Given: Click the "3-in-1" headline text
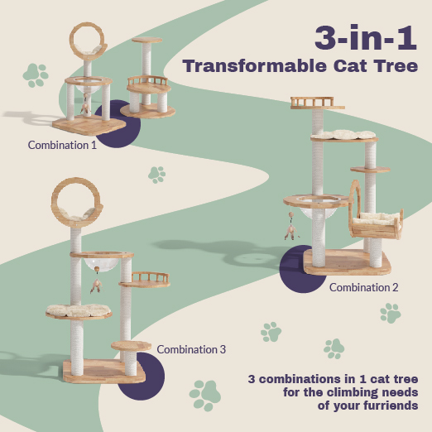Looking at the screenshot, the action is pyautogui.click(x=366, y=37).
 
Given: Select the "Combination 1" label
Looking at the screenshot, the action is pyautogui.click(x=62, y=145).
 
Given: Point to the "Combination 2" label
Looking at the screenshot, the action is pyautogui.click(x=364, y=287).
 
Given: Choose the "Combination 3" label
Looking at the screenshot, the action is pyautogui.click(x=191, y=349).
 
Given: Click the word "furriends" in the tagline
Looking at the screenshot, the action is pyautogui.click(x=391, y=406).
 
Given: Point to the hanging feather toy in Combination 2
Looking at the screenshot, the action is pyautogui.click(x=291, y=228).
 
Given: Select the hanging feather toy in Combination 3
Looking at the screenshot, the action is pyautogui.click(x=96, y=281).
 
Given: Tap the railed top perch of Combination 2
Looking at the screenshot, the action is pyautogui.click(x=317, y=103).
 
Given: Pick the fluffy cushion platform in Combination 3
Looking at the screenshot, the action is pyautogui.click(x=79, y=311).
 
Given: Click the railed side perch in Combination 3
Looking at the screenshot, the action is pyautogui.click(x=145, y=280).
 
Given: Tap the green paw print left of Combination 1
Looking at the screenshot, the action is pyautogui.click(x=36, y=75).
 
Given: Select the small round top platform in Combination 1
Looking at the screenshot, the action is pyautogui.click(x=146, y=40).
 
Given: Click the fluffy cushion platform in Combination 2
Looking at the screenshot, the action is pyautogui.click(x=344, y=136).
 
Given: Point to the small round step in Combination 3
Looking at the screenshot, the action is pyautogui.click(x=132, y=346).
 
